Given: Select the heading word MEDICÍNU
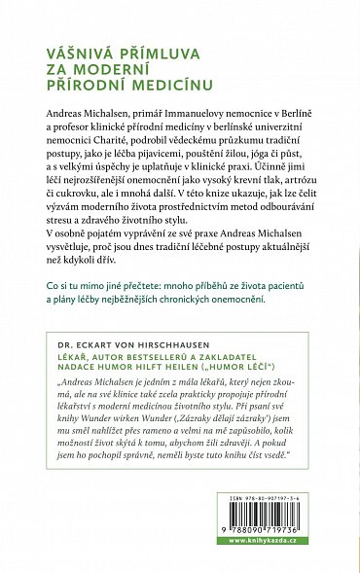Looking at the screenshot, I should click(x=184, y=94).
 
